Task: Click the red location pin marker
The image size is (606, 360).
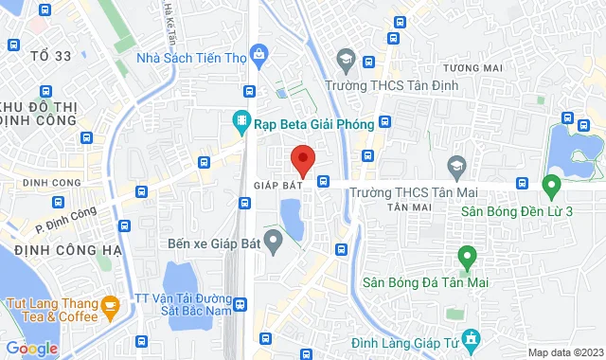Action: point(302,159)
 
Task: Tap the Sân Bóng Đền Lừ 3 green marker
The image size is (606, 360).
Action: point(550,183)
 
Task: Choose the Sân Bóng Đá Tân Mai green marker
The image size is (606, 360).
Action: point(466,256)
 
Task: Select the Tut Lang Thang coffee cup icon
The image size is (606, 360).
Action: point(110,305)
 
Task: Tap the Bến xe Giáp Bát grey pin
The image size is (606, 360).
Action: point(273,243)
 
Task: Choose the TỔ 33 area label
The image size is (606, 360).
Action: point(49,56)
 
